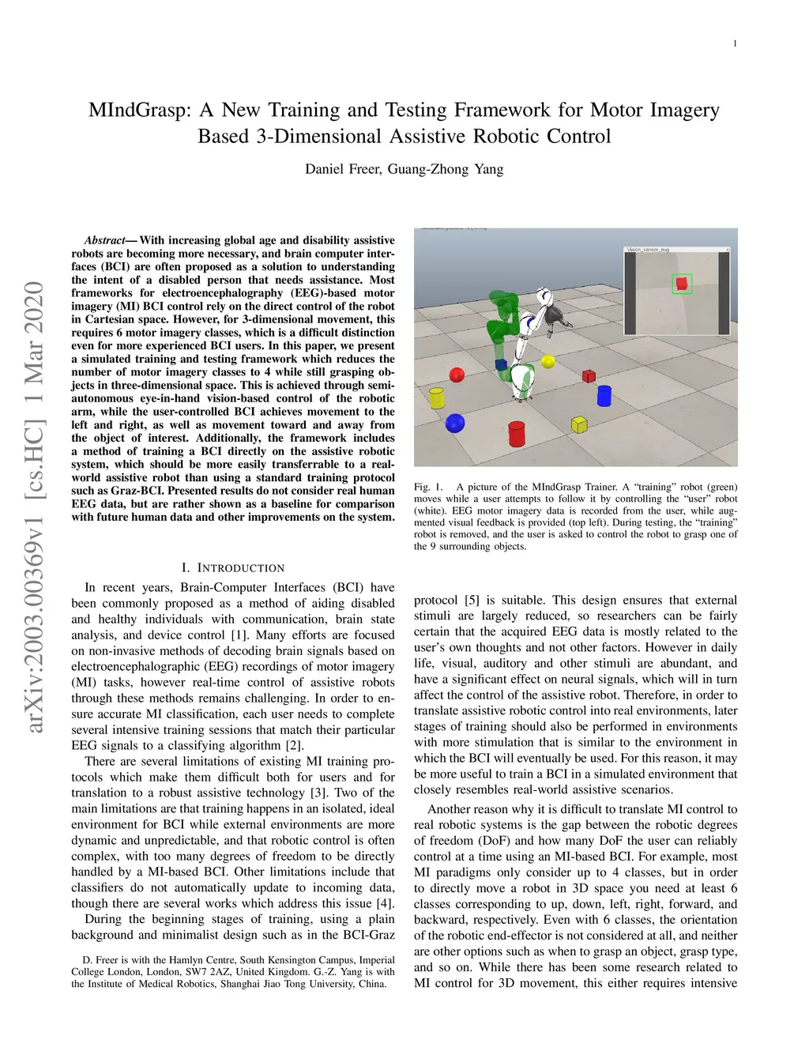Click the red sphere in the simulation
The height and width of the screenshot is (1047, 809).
pyautogui.click(x=457, y=374)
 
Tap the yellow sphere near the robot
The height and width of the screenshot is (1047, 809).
pyautogui.click(x=548, y=361)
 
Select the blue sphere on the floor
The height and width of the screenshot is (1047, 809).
pyautogui.click(x=455, y=423)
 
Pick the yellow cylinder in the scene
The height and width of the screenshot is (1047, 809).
pyautogui.click(x=436, y=397)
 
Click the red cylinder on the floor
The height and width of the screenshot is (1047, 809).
pyautogui.click(x=517, y=433)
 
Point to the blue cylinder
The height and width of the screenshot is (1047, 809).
pyautogui.click(x=604, y=394)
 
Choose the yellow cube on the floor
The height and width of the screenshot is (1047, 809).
pyautogui.click(x=579, y=424)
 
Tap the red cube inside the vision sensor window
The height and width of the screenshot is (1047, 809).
pyautogui.click(x=682, y=284)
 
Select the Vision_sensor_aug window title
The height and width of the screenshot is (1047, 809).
pyautogui.click(x=648, y=250)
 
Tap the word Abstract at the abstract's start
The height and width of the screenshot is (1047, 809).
pyautogui.click(x=105, y=240)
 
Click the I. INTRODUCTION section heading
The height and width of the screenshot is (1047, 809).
pyautogui.click(x=232, y=567)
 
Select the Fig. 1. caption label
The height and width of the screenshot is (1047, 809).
pyautogui.click(x=428, y=487)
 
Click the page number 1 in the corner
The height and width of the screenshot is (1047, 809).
pyautogui.click(x=735, y=43)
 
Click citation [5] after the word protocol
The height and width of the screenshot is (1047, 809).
pyautogui.click(x=472, y=600)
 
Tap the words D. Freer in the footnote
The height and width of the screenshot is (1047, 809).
pyautogui.click(x=100, y=960)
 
